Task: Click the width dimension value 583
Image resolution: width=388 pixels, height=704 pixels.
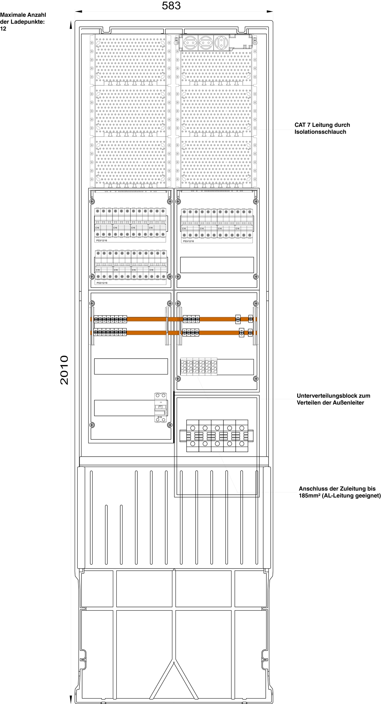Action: coord(171,6)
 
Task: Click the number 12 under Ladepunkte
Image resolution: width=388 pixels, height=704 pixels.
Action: coord(3,29)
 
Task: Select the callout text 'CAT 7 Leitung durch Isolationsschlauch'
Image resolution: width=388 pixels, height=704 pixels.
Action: coord(322,128)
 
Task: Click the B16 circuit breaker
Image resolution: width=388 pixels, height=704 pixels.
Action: coord(161,407)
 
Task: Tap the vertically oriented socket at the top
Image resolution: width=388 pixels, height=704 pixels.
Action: coord(221,42)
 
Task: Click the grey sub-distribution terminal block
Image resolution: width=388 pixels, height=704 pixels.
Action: coord(199,366)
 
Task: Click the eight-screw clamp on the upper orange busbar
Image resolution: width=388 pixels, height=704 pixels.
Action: coord(110,319)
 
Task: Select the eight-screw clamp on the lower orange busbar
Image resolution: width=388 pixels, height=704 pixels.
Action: coord(110,332)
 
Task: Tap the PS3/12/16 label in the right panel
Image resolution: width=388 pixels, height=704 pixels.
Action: coord(189,241)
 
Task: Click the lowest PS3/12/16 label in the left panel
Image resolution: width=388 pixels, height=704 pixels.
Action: coord(102,283)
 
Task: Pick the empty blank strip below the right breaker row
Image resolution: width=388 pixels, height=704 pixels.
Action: coord(217,265)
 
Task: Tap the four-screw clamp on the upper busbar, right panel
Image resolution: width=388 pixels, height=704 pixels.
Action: coord(191,319)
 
